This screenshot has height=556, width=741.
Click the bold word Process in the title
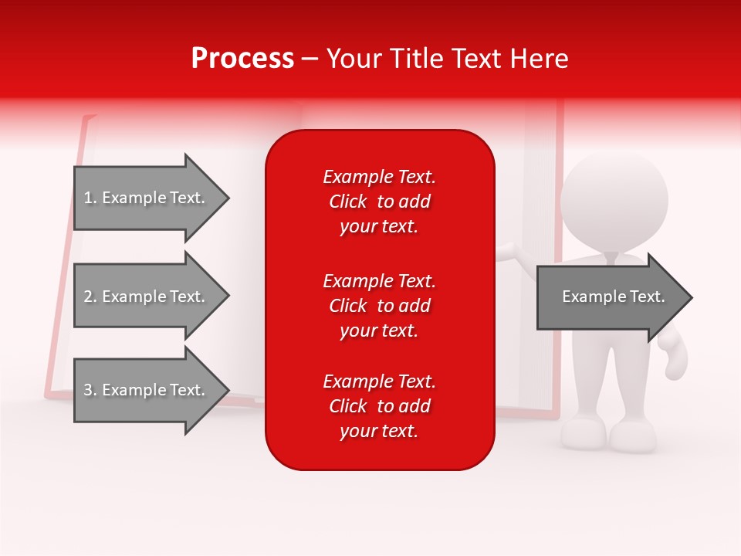click(242, 59)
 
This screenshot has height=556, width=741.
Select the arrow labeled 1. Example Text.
click(147, 198)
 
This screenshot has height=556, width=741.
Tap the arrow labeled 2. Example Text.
click(147, 297)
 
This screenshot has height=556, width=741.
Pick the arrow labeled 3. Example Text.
click(147, 390)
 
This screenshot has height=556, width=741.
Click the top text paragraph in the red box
click(379, 202)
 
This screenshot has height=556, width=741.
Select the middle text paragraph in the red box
click(379, 306)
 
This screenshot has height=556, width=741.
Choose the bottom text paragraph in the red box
click(379, 406)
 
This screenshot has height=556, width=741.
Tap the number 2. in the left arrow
click(90, 297)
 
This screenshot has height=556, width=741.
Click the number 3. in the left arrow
click(90, 390)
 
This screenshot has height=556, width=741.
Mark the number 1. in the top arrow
click(90, 198)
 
